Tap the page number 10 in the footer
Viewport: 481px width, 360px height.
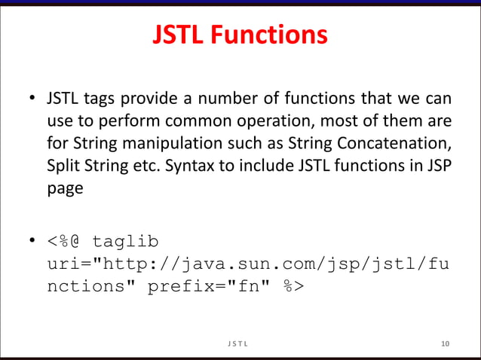pos(445,344)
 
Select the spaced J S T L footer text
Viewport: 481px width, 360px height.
pos(240,344)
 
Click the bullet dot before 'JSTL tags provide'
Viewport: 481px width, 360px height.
pos(32,99)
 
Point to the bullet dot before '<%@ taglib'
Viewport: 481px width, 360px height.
pos(32,243)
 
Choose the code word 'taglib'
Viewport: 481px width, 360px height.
pos(125,243)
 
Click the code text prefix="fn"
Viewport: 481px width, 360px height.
pos(212,286)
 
